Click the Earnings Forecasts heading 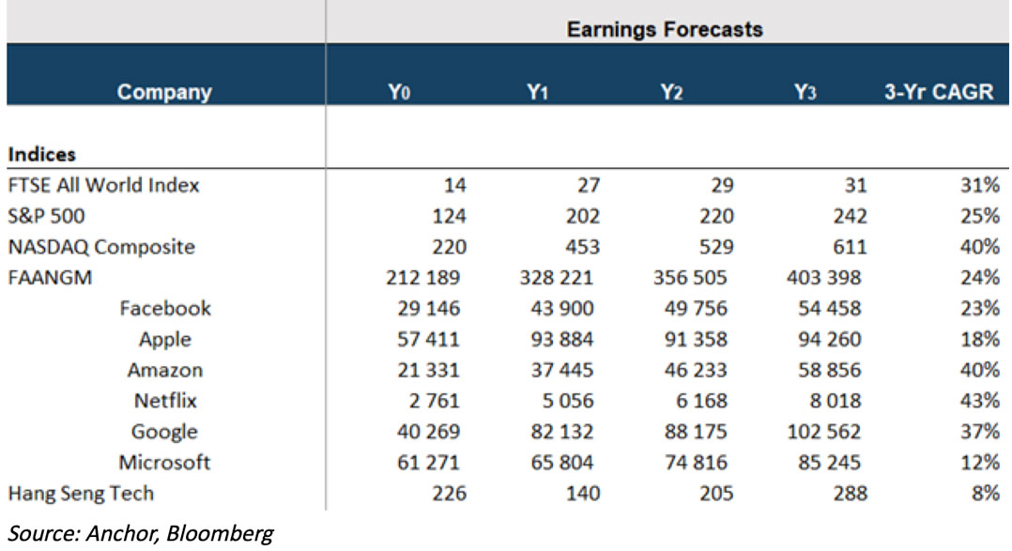pos(665,29)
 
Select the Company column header pos(164,93)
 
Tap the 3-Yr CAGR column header pos(938,93)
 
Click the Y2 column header pos(670,93)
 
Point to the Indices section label pos(42,154)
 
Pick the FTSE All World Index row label pos(103,185)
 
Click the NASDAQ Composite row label pos(101,247)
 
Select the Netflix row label pos(165,401)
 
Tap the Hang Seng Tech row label pos(80,493)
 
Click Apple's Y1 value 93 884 pos(560,339)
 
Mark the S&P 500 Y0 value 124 pos(447,216)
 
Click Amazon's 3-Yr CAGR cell pos(979,370)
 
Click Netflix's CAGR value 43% pos(979,401)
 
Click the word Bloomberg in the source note pos(227,534)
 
